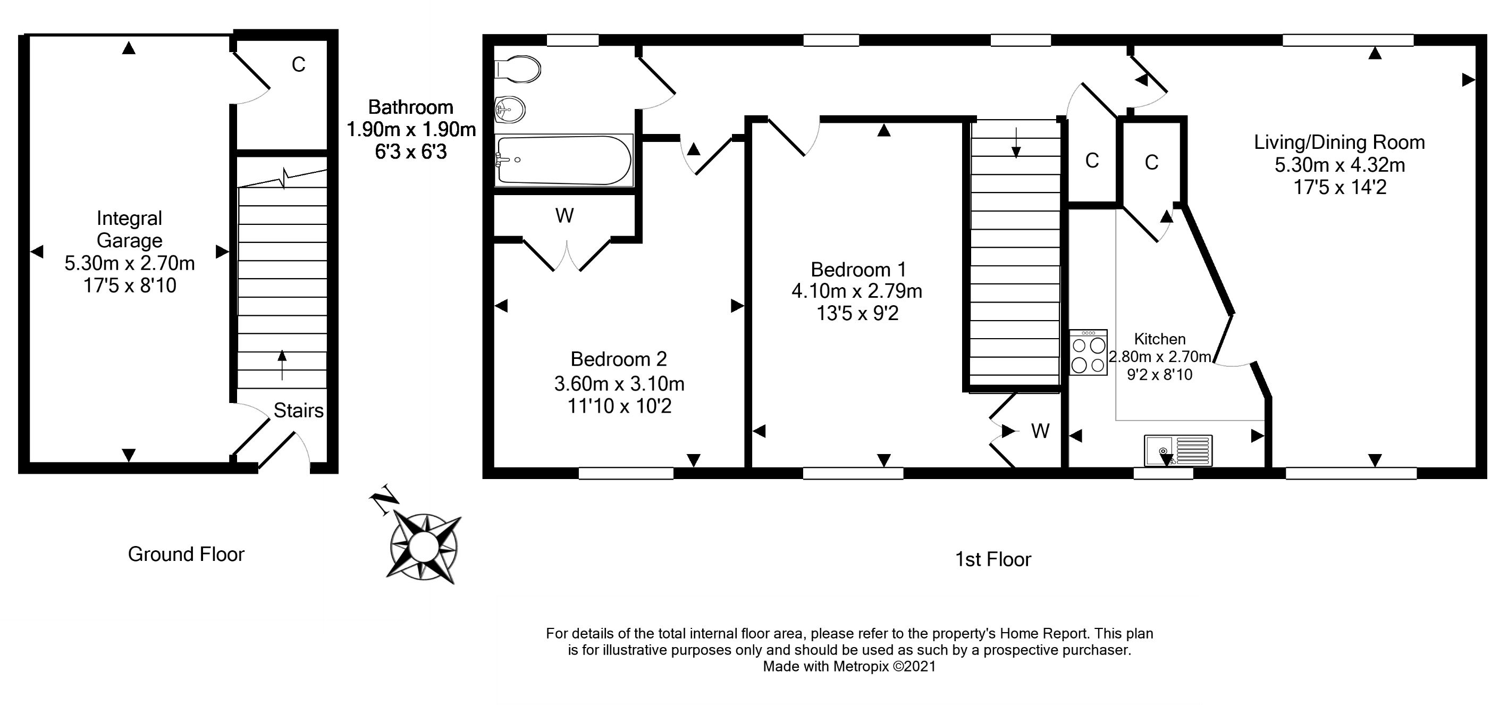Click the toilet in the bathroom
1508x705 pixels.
[x=518, y=69]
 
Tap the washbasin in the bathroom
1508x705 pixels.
[x=510, y=110]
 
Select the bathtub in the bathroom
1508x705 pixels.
[x=563, y=160]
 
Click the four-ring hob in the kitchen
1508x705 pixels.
[x=1088, y=352]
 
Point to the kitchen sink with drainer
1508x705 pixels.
[x=1178, y=450]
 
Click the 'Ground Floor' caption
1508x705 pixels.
[x=186, y=554]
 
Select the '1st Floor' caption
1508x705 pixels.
[x=993, y=559]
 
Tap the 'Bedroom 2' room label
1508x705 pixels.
[x=618, y=358]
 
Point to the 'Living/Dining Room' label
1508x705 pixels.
[x=1339, y=142]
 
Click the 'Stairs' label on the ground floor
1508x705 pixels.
[x=299, y=410]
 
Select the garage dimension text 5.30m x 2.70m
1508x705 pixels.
[x=129, y=264]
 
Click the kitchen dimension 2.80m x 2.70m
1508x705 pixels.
[x=1160, y=357]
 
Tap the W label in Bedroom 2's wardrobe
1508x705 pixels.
[x=565, y=216]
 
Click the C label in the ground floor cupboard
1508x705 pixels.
[x=299, y=64]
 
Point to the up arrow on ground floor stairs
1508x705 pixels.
[x=282, y=364]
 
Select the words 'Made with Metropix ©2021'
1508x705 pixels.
[x=849, y=666]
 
